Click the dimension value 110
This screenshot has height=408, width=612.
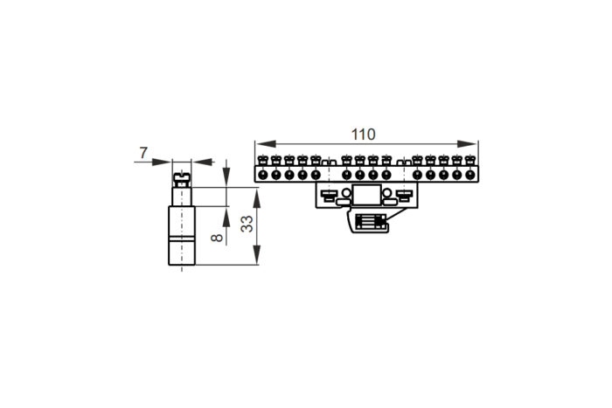[363, 135]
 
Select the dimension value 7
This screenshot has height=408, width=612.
[143, 153]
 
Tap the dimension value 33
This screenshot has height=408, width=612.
[247, 224]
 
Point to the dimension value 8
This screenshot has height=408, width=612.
[217, 238]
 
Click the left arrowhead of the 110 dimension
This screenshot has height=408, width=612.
[266, 144]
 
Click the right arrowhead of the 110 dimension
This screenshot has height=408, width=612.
[468, 144]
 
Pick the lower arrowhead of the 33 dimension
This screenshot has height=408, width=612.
[256, 255]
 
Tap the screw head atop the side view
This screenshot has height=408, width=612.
[182, 180]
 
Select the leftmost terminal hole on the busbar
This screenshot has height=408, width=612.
[262, 175]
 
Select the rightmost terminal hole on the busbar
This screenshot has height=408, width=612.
[470, 175]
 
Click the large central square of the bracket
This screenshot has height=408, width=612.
[366, 195]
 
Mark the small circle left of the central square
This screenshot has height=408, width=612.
[346, 193]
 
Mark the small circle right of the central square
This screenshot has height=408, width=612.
[386, 193]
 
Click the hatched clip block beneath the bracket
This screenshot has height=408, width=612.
[371, 222]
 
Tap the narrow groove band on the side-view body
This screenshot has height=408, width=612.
[182, 239]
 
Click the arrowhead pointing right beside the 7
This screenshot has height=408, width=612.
[162, 162]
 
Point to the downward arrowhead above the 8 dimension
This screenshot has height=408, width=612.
[226, 177]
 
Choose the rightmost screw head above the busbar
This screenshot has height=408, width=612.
[470, 160]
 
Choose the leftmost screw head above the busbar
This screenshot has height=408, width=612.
[263, 160]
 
